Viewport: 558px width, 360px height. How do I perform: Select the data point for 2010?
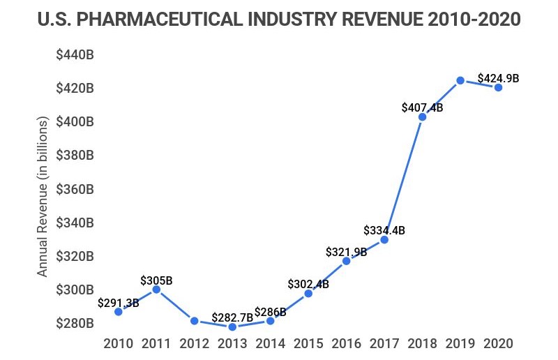(x=119, y=311)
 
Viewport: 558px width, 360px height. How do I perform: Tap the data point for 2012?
(x=195, y=321)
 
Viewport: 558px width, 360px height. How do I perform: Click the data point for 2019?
(x=460, y=80)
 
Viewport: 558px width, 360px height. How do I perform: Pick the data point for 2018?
(x=422, y=117)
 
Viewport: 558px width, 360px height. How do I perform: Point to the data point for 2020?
(x=499, y=87)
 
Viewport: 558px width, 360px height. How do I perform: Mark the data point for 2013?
(x=232, y=327)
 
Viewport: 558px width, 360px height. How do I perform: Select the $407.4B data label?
(x=423, y=107)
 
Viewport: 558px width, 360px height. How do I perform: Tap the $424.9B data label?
(x=498, y=78)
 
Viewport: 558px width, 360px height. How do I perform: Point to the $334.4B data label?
(x=384, y=230)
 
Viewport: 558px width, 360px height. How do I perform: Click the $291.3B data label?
(x=118, y=303)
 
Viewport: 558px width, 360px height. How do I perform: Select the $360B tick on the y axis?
(x=75, y=189)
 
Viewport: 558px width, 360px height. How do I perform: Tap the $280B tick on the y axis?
(x=75, y=323)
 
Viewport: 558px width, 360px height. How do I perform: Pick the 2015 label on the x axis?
(x=308, y=343)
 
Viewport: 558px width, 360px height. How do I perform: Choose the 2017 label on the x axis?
(x=384, y=343)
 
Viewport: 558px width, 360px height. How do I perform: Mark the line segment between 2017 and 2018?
(x=403, y=178)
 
